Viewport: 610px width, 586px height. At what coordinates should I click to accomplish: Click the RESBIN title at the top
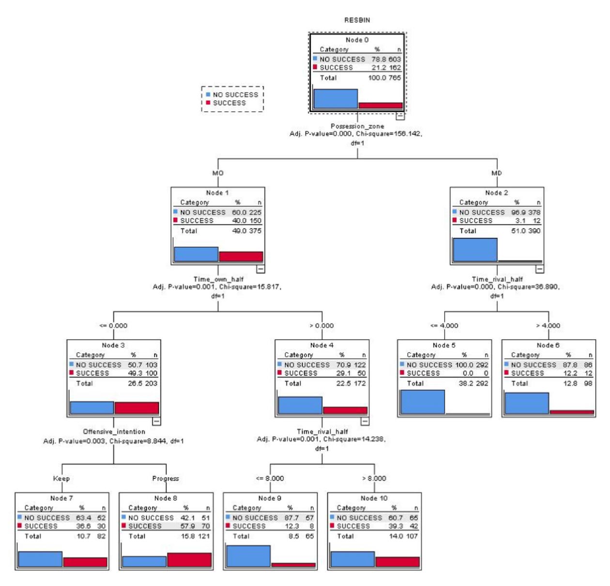357,20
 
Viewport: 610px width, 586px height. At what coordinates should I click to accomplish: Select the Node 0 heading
357,40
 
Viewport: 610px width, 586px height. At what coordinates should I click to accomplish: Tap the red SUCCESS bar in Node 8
189,559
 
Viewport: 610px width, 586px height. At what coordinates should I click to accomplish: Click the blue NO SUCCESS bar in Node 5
422,402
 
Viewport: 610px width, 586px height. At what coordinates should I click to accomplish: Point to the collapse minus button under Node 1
260,269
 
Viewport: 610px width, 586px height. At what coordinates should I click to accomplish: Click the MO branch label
218,173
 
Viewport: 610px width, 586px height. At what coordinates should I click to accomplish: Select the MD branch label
497,173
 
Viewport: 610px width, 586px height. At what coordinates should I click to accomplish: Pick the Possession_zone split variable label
357,126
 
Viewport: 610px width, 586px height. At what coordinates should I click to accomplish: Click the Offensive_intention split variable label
114,432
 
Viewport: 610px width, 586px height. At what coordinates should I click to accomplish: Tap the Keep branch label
61,479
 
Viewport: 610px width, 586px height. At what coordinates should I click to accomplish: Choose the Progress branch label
166,479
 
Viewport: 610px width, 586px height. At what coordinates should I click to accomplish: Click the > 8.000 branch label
374,479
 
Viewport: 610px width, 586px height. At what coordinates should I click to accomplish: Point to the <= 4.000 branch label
444,326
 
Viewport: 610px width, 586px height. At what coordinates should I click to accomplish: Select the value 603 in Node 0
395,59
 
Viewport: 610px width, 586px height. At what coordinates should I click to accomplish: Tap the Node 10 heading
374,498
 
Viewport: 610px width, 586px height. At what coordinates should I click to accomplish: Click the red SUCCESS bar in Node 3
137,407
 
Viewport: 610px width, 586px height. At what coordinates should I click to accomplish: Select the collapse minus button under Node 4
365,421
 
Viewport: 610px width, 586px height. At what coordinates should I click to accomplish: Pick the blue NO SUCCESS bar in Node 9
248,556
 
